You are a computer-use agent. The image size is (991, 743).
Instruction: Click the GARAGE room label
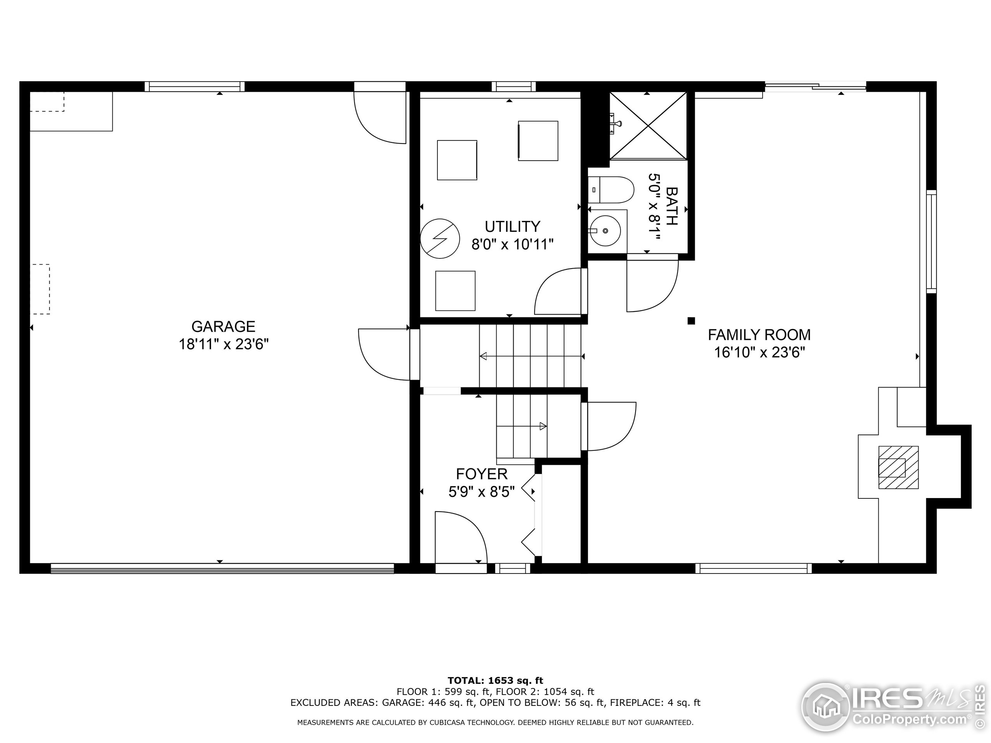223,326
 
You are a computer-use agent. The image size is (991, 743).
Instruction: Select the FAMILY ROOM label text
760,335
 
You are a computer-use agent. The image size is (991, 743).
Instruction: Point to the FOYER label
482,474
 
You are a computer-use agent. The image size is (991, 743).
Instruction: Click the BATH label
672,206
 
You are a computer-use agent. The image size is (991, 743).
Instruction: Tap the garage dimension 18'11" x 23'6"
224,344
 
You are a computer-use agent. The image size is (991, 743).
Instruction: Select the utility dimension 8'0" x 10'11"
513,245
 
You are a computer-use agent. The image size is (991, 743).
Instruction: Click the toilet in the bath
611,190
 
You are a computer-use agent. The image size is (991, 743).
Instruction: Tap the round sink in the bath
605,231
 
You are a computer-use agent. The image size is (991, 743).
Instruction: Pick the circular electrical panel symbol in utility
440,239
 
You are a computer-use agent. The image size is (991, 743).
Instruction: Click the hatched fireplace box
898,467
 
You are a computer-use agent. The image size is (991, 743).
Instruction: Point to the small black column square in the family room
691,321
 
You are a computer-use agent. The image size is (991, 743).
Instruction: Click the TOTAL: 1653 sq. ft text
495,681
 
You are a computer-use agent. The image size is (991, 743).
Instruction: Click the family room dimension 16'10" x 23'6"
760,353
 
